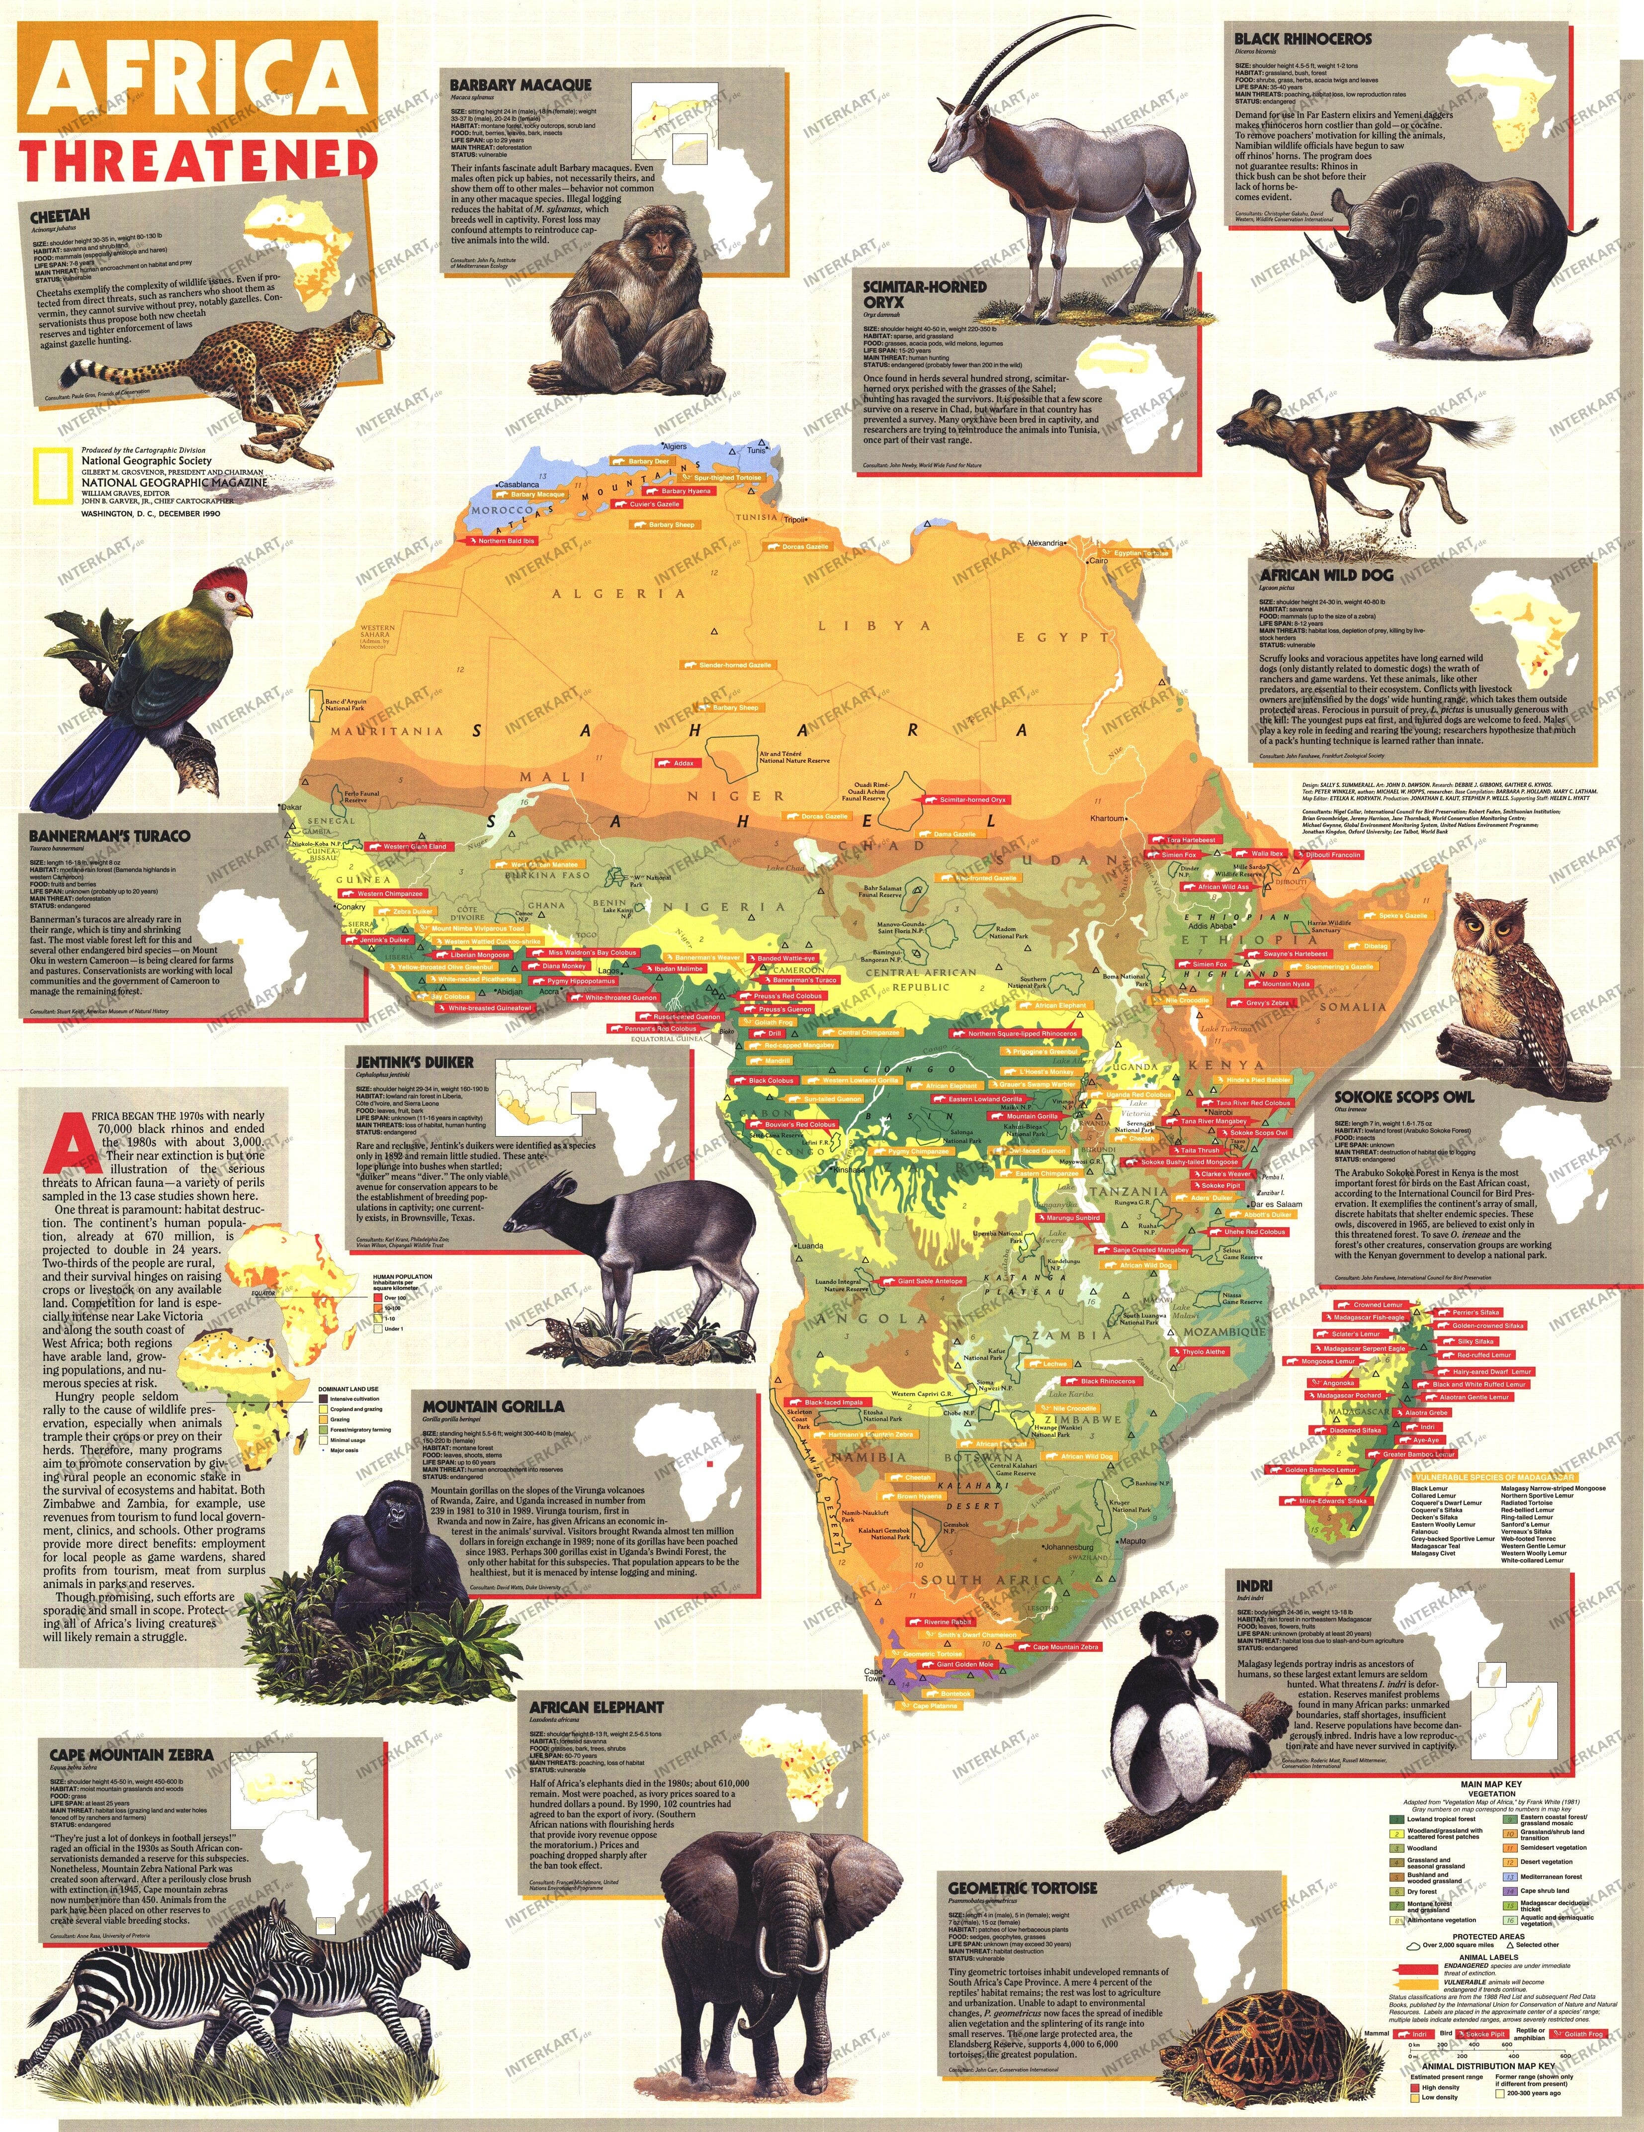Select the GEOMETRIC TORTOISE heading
[1022, 1888]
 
